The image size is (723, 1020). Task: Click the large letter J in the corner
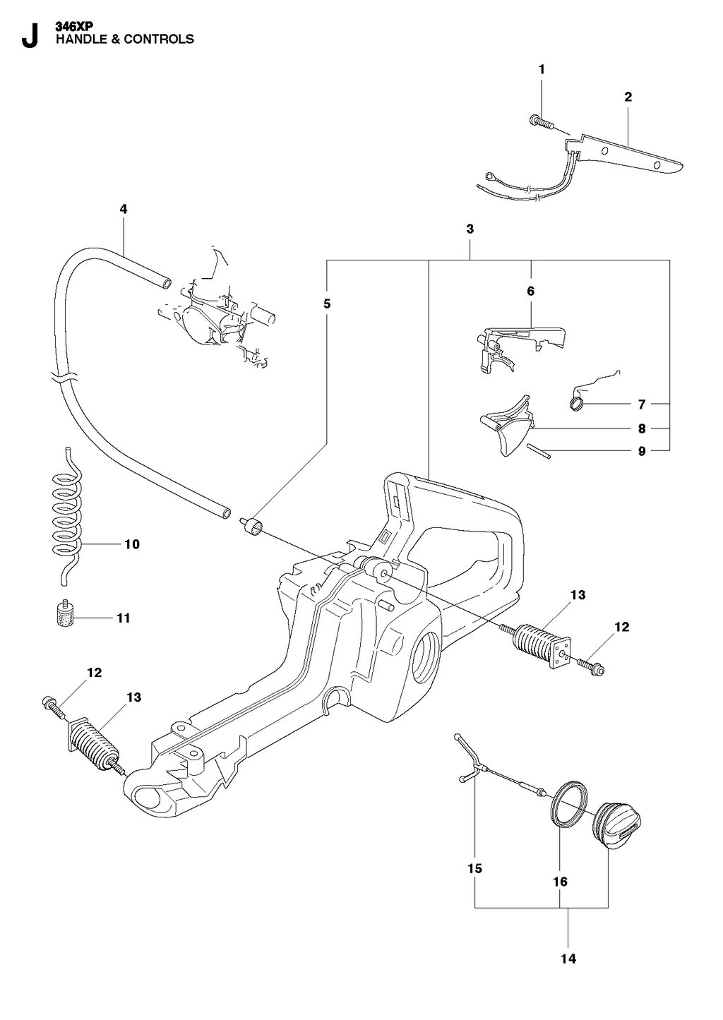[x=30, y=36]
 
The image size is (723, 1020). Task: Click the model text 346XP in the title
[x=74, y=28]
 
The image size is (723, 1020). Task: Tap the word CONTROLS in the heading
[x=159, y=39]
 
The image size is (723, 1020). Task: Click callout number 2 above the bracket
[x=628, y=97]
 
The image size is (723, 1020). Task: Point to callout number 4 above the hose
[x=124, y=209]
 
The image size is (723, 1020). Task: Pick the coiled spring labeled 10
[x=67, y=517]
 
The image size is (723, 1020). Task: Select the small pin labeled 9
[x=539, y=451]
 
